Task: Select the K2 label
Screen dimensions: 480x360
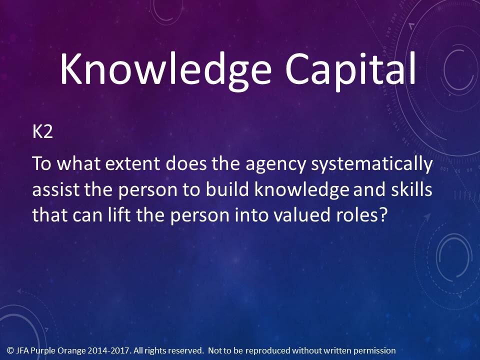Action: tap(42, 131)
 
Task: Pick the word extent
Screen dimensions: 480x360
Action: tap(132, 164)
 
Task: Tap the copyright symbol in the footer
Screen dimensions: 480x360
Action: tap(10, 350)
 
